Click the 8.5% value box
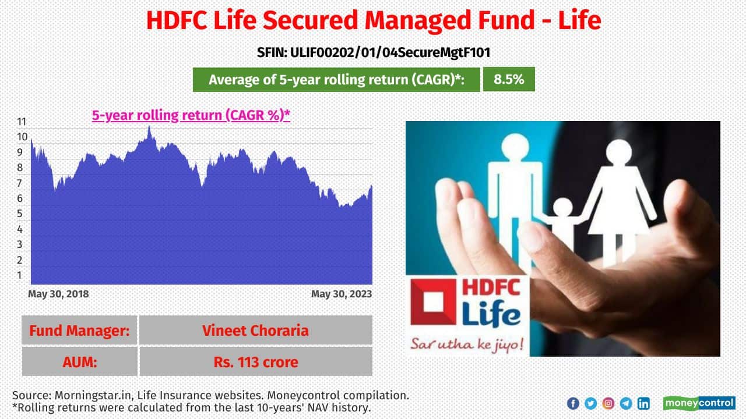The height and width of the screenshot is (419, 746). [x=509, y=79]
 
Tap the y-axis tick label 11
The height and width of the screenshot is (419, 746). [x=22, y=122]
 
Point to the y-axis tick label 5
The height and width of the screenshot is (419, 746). [x=20, y=214]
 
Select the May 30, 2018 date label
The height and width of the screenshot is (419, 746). [x=58, y=294]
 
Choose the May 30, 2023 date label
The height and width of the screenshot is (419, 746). [x=342, y=294]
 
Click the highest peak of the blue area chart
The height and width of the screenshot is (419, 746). [x=149, y=127]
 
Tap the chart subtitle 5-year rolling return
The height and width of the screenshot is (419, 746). [x=191, y=115]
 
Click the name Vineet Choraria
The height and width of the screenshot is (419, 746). [x=255, y=331]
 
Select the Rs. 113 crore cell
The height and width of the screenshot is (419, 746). [x=256, y=362]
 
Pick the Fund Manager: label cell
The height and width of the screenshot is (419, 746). [x=79, y=330]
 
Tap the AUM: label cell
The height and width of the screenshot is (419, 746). [x=80, y=362]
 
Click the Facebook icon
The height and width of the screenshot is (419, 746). [x=573, y=403]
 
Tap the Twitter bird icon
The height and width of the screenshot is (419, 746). [x=590, y=403]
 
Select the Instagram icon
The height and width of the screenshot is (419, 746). [x=608, y=403]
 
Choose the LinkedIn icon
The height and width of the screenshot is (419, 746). [x=643, y=403]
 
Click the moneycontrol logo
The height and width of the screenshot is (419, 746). [x=699, y=403]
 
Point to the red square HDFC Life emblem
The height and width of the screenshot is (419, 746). [x=433, y=302]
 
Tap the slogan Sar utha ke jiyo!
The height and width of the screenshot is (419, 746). [x=467, y=344]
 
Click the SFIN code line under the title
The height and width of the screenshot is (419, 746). [x=374, y=52]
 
